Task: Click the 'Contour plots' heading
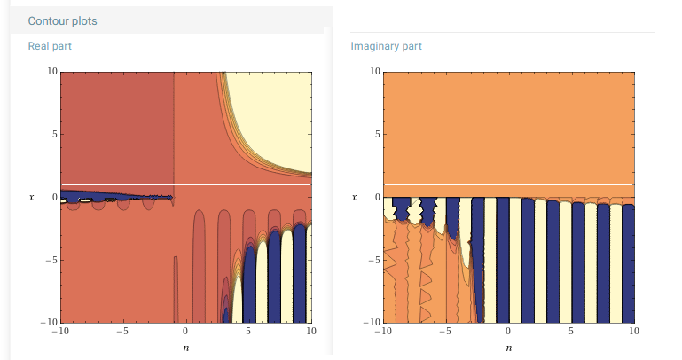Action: coord(63,20)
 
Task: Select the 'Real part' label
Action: coord(50,45)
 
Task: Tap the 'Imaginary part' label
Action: coord(387,45)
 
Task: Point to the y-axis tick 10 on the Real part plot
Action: coord(53,71)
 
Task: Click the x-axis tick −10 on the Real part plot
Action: coord(60,332)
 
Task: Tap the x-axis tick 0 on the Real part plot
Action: coord(186,332)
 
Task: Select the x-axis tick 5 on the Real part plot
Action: coord(249,332)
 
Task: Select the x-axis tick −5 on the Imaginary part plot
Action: coord(444,332)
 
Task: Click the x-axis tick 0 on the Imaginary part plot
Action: coord(508,332)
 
